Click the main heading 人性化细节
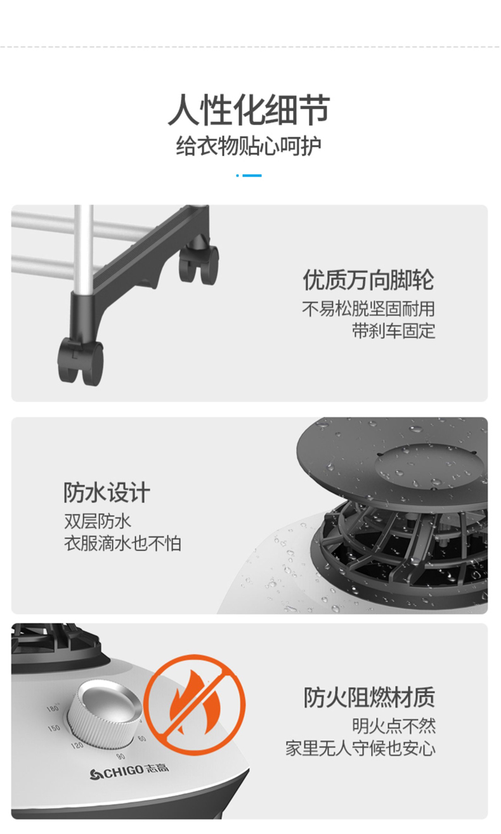[x=249, y=110]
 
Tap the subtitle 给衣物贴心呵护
[x=249, y=146]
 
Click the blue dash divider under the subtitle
[x=249, y=176]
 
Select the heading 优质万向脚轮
[x=368, y=280]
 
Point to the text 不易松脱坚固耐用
[x=368, y=309]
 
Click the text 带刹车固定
[x=394, y=330]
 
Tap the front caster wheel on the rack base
[x=81, y=361]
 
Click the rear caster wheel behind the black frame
[x=198, y=264]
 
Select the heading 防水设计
[x=107, y=493]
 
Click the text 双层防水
[x=98, y=521]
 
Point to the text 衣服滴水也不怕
[x=123, y=544]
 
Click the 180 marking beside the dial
[x=53, y=707]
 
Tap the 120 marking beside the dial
[x=77, y=745]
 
